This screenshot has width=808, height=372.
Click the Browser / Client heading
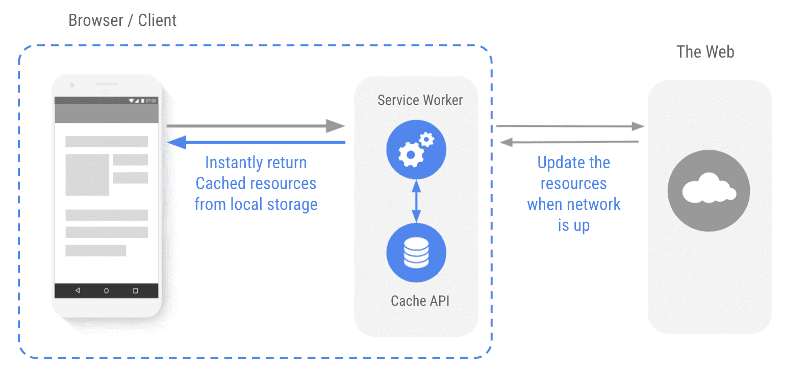click(x=122, y=20)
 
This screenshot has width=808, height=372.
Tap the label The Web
click(x=705, y=52)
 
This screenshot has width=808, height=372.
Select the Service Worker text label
click(x=420, y=100)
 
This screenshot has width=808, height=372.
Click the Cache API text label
click(x=420, y=301)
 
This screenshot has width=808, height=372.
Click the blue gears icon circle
click(x=416, y=150)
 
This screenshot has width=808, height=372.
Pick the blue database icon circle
click(x=416, y=253)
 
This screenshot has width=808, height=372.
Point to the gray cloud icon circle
click(x=709, y=191)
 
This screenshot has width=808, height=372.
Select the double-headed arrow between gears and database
click(x=416, y=201)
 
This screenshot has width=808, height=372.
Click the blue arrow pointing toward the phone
click(x=255, y=142)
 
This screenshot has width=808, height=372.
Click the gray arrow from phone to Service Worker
click(x=255, y=125)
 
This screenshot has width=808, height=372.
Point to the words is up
click(x=573, y=225)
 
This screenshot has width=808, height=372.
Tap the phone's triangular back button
click(x=78, y=290)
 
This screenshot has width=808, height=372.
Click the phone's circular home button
click(x=106, y=290)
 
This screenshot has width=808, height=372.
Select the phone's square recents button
click(x=135, y=290)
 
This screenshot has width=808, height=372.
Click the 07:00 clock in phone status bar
click(x=151, y=101)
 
